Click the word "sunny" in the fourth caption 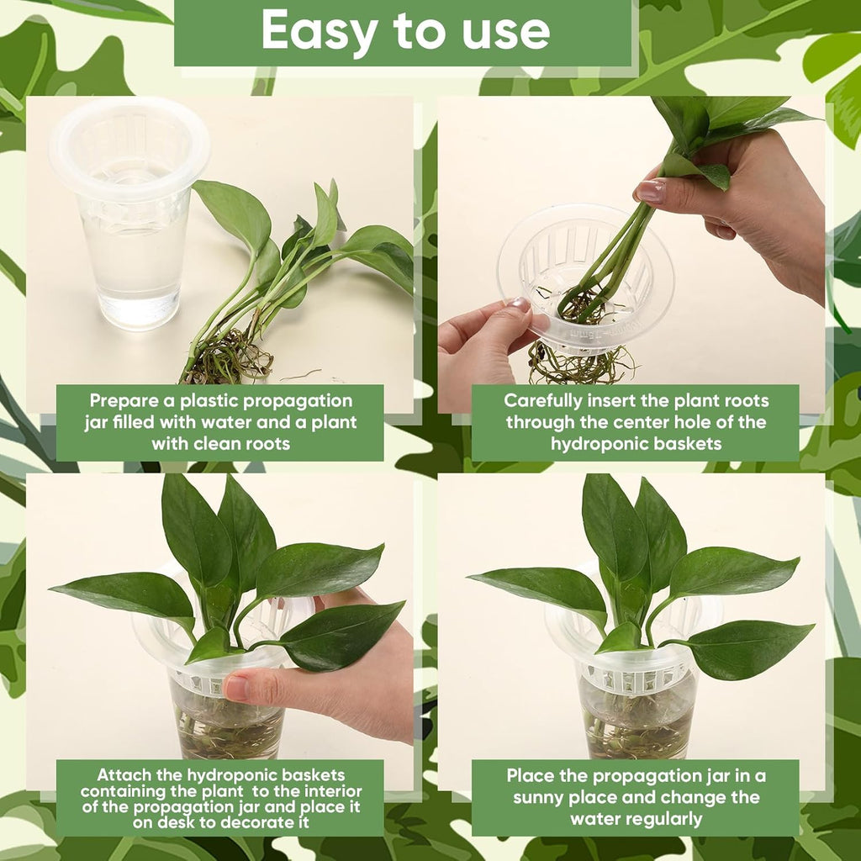[541, 797]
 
